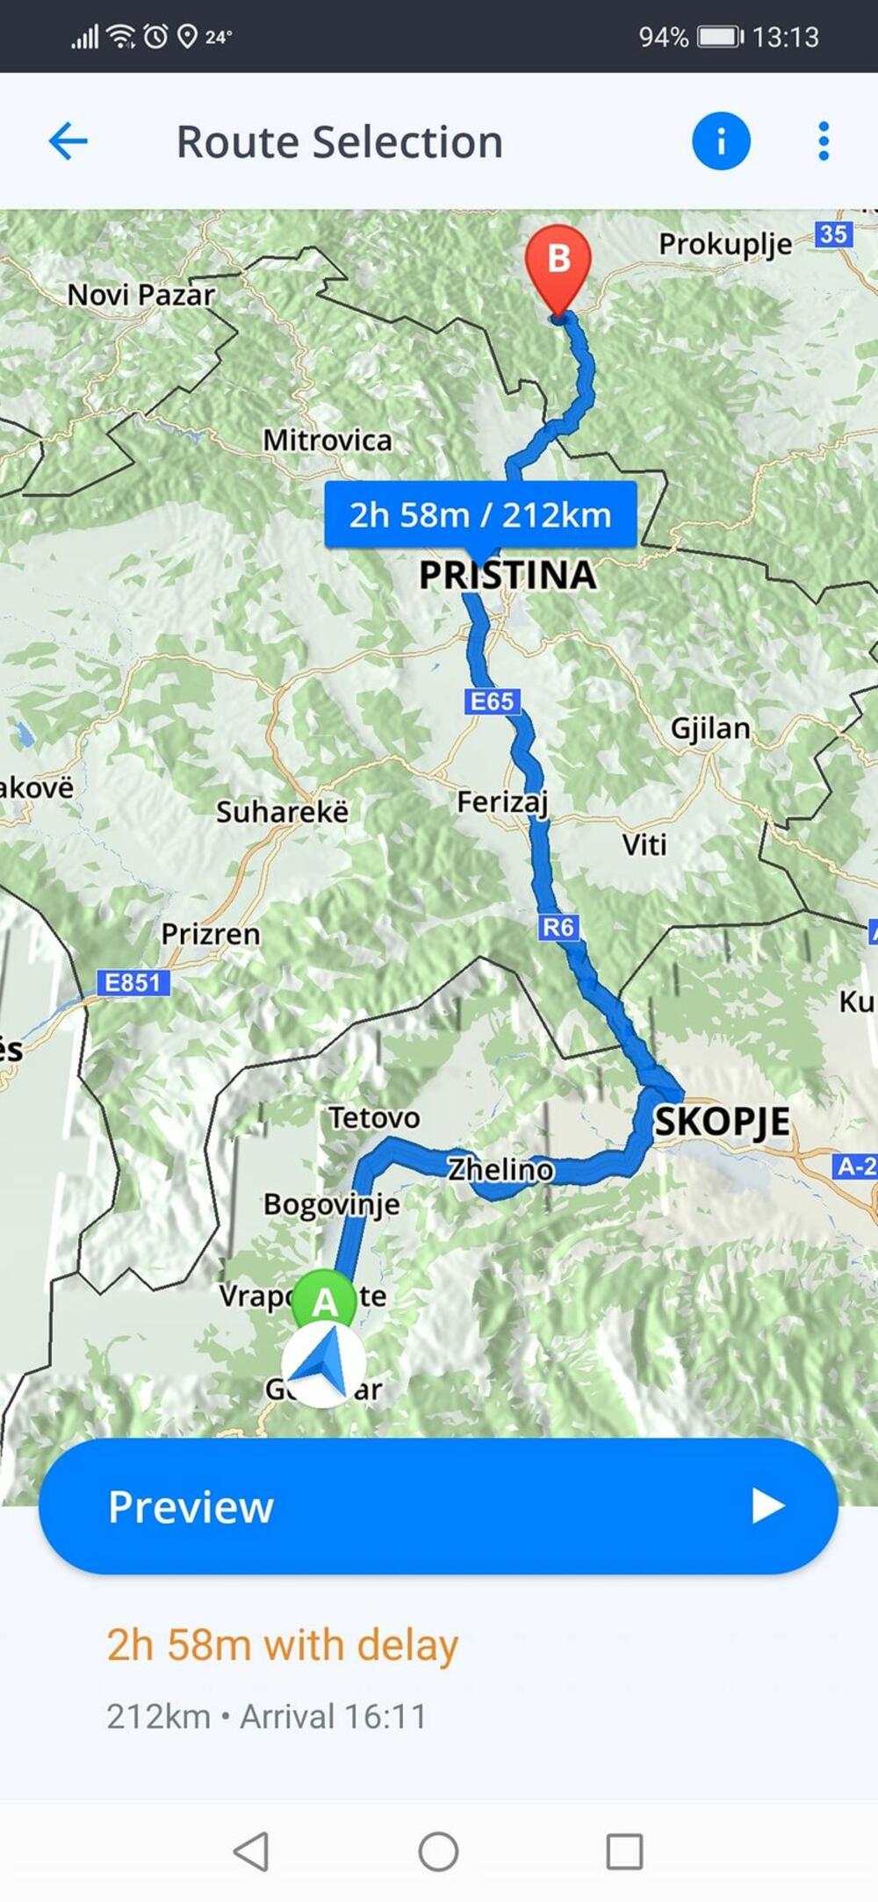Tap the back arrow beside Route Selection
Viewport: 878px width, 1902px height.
(68, 141)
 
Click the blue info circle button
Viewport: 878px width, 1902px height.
(721, 141)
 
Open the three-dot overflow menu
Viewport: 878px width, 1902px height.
(823, 141)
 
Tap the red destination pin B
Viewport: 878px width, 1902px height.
(558, 263)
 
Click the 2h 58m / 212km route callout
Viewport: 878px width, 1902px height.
(480, 515)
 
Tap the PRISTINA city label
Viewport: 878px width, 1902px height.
(507, 576)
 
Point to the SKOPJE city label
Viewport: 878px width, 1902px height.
(722, 1122)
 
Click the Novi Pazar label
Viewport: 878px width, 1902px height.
(141, 295)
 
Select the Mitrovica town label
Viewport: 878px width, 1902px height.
(327, 440)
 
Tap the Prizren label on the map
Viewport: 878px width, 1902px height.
(211, 934)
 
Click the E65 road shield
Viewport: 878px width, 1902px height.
(492, 701)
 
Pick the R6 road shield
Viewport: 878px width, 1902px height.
(558, 927)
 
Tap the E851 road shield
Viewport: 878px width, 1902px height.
(133, 982)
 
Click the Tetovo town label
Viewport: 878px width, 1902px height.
(374, 1118)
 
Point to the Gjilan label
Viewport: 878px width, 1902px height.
(710, 729)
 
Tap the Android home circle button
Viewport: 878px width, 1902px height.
(438, 1851)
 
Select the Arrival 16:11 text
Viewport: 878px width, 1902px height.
(334, 1717)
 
